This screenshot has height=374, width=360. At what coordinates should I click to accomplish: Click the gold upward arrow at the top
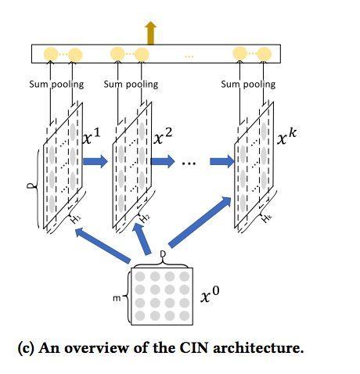tap(150, 33)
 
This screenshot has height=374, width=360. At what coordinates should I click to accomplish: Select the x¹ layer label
tap(91, 136)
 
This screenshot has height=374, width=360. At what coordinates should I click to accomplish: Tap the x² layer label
tap(163, 136)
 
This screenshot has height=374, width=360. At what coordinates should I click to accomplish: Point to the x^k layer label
tap(286, 136)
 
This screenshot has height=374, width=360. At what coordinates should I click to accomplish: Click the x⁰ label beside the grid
tap(210, 295)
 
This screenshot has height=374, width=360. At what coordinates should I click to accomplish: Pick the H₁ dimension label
tap(76, 219)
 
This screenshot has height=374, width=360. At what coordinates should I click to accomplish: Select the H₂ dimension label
tap(144, 219)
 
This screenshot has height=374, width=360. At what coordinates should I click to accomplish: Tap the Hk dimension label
tap(267, 218)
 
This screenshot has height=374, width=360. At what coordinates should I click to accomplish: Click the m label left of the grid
tap(117, 298)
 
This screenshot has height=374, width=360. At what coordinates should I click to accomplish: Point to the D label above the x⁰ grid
tap(163, 254)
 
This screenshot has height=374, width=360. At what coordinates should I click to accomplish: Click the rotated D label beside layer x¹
tap(31, 185)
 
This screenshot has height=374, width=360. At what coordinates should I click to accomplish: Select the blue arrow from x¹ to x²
tap(95, 161)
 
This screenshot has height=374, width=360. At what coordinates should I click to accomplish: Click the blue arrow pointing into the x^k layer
tap(222, 161)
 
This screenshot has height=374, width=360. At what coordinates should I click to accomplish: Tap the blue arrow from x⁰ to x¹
tap(103, 244)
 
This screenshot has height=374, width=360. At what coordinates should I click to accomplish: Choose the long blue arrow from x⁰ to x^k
tap(200, 222)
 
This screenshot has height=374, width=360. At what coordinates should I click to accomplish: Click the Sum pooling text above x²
tap(131, 85)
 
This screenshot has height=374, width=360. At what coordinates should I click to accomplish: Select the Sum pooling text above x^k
tap(248, 85)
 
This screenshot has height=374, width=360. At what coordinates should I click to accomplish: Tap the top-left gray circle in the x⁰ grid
tap(140, 276)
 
